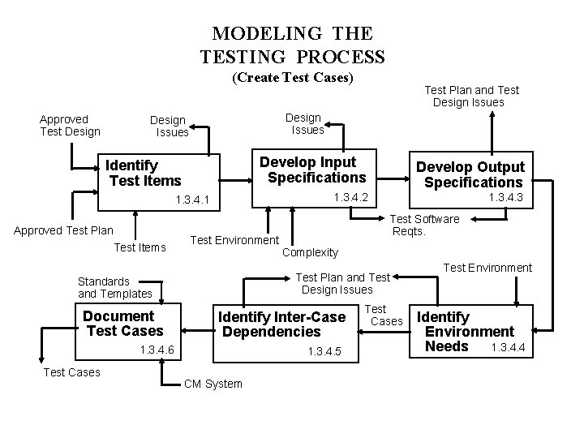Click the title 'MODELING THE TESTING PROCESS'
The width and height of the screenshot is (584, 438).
point(292,45)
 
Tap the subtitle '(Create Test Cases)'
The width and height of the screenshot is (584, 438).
point(293,78)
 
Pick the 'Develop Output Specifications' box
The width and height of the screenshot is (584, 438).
point(470,174)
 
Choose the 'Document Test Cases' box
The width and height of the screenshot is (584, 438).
point(124,324)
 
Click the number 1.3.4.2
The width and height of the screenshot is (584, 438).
point(352,198)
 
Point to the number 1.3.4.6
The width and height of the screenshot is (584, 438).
point(157,350)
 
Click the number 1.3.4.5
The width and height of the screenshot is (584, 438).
point(324,351)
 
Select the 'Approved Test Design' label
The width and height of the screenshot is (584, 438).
point(70,125)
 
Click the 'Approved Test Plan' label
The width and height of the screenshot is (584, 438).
point(63,230)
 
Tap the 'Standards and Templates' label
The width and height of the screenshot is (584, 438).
point(114,287)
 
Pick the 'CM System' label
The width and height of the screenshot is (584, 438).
point(213,384)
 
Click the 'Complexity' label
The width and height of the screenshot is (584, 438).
point(310,252)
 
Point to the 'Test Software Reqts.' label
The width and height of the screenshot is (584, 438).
point(425,225)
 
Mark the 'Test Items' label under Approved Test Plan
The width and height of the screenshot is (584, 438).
point(140,247)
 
